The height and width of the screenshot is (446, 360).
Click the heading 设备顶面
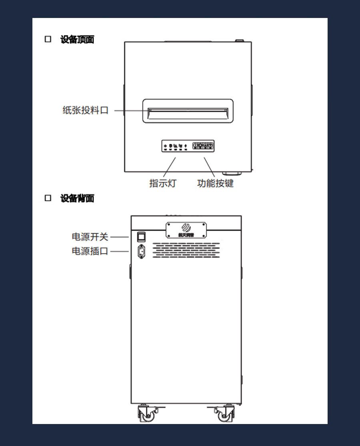77,40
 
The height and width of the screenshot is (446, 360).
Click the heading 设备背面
77,198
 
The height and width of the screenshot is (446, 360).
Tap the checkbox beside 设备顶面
48,39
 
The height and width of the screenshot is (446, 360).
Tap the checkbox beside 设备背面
48,198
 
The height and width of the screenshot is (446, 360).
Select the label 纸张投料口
86,110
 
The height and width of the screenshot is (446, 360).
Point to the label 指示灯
162,183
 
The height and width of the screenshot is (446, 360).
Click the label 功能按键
215,183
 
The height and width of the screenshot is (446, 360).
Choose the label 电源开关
90,237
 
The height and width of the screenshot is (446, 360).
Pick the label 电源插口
90,251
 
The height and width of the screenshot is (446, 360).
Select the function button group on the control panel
203,146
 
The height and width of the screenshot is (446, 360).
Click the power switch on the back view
141,237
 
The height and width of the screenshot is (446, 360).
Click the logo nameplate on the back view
186,230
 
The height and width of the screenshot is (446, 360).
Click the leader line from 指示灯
169,167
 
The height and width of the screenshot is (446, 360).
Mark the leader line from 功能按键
209,167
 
